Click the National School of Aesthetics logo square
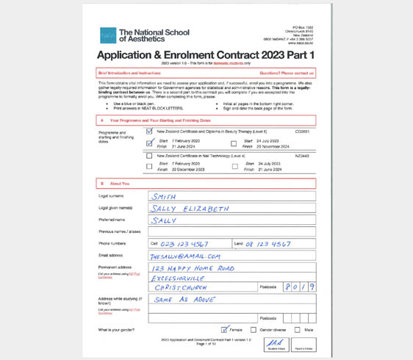108,35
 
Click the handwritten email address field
185,256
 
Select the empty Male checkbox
298,330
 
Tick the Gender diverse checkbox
254,330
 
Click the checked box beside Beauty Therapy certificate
150,132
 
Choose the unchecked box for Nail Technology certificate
150,156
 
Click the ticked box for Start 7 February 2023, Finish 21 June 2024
150,143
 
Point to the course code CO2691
302,132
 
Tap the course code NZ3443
302,156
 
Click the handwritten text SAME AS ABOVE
184,300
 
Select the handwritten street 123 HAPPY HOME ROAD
193,268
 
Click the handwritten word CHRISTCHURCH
180,288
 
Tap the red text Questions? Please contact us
287,73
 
